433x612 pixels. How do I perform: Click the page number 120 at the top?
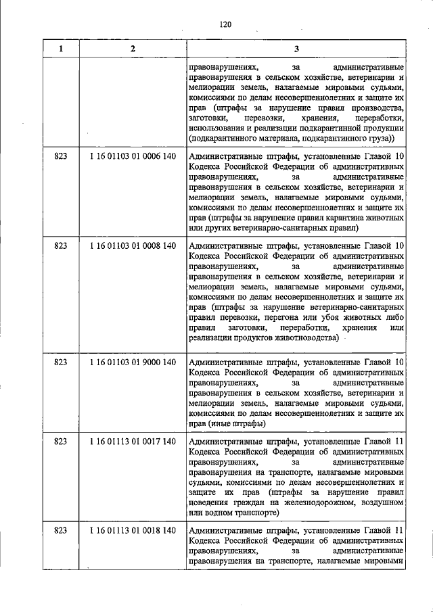[225, 25]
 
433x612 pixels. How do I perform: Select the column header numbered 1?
[61, 49]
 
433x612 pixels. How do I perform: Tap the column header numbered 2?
[133, 49]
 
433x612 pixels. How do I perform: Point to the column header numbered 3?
[296, 49]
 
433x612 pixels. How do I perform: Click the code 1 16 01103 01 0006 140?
[133, 156]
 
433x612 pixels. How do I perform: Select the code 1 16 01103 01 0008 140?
[133, 248]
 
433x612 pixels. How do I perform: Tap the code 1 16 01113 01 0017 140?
[133, 442]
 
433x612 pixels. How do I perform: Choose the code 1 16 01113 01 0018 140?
[133, 531]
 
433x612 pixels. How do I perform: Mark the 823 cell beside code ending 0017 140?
[61, 442]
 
